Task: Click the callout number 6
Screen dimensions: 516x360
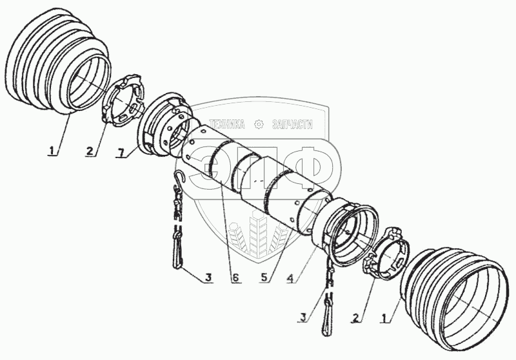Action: (235, 277)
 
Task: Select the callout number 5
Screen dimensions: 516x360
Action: (264, 277)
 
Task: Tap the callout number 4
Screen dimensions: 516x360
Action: (290, 279)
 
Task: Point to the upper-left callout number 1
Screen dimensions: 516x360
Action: (52, 151)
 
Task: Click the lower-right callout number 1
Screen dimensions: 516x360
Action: (384, 318)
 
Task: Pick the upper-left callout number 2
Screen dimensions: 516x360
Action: (90, 151)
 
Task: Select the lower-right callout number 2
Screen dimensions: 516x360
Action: (355, 318)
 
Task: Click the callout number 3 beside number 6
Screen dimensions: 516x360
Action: (208, 277)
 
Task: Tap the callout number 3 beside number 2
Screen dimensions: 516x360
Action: (303, 317)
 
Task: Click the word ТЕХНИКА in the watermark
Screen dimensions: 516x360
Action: (227, 124)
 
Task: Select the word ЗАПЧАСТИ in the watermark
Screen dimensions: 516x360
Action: (292, 124)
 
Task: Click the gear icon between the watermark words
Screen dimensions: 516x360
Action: (259, 125)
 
